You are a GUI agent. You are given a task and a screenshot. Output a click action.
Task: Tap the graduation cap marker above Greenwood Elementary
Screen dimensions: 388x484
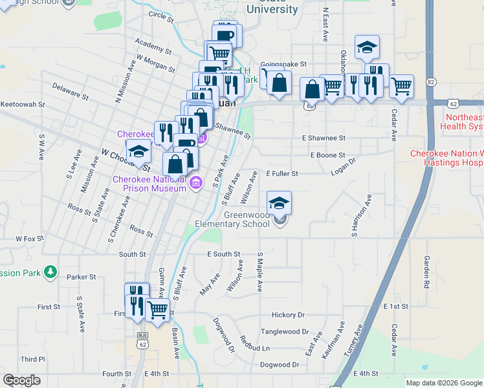[279, 203]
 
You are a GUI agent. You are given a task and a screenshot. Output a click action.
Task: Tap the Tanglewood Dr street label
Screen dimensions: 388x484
[284, 331]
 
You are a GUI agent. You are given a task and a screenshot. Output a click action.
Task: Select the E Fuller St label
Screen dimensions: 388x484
[282, 173]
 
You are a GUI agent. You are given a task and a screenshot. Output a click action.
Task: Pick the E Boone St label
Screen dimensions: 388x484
[328, 155]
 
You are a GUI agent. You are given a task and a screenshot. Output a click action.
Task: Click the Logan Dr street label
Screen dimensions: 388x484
[344, 166]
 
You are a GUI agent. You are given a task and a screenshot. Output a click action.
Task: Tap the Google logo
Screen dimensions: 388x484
[23, 380]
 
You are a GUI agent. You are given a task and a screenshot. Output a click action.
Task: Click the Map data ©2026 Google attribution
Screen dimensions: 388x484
[443, 383]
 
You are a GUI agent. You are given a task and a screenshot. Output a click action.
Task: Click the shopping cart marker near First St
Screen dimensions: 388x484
[158, 311]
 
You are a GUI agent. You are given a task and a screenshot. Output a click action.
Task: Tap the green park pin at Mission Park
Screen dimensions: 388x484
[50, 272]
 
